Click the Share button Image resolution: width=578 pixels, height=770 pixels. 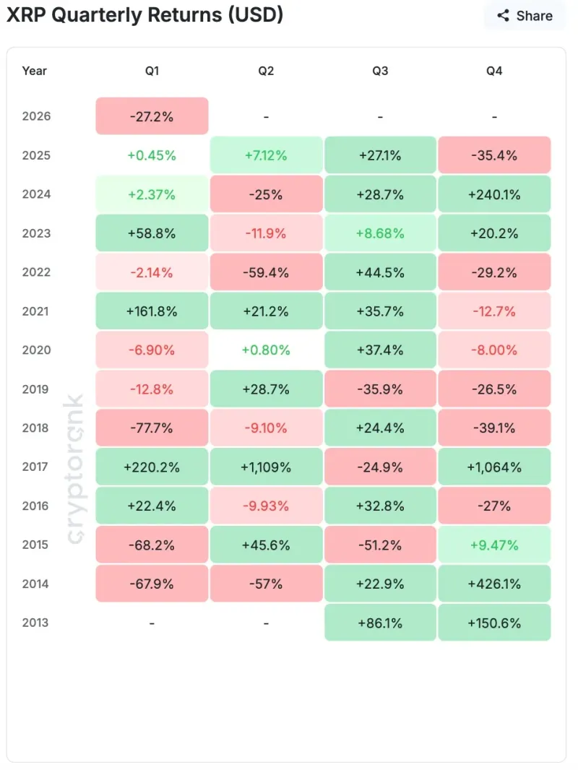(525, 16)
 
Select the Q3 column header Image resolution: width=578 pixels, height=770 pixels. (380, 71)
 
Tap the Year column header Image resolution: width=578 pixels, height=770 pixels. (35, 71)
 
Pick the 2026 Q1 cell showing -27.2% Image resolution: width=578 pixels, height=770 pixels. (152, 116)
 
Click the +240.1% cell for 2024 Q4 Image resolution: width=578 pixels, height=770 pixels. (494, 194)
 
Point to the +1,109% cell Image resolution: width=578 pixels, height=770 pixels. (266, 467)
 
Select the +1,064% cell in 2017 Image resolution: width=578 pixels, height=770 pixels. (494, 467)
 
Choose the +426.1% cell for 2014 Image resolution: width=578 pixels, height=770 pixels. (494, 584)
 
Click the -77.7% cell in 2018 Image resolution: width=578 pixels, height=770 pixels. (152, 428)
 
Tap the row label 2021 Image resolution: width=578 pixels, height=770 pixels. (36, 311)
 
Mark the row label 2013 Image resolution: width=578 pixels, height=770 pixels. (36, 623)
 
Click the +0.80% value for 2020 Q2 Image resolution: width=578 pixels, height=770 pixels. (266, 350)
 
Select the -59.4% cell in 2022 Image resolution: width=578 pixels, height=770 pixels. (266, 272)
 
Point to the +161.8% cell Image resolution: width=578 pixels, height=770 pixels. (152, 311)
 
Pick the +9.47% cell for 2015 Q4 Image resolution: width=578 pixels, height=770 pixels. (494, 545)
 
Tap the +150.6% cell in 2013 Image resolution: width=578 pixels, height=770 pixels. (494, 623)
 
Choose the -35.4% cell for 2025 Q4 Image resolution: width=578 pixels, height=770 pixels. (494, 155)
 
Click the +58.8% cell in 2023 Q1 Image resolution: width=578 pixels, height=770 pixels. (152, 233)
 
